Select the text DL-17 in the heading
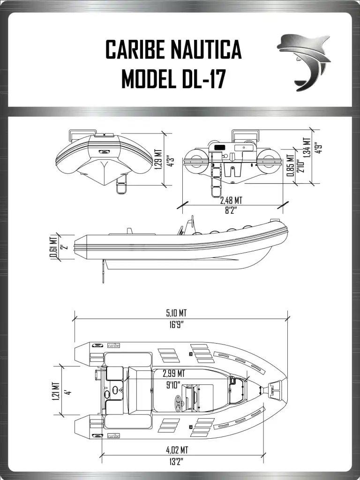point(202,79)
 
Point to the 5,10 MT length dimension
point(176,313)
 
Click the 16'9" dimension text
point(176,325)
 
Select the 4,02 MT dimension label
point(177,450)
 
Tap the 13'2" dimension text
point(177,462)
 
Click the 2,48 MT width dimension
point(231,201)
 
